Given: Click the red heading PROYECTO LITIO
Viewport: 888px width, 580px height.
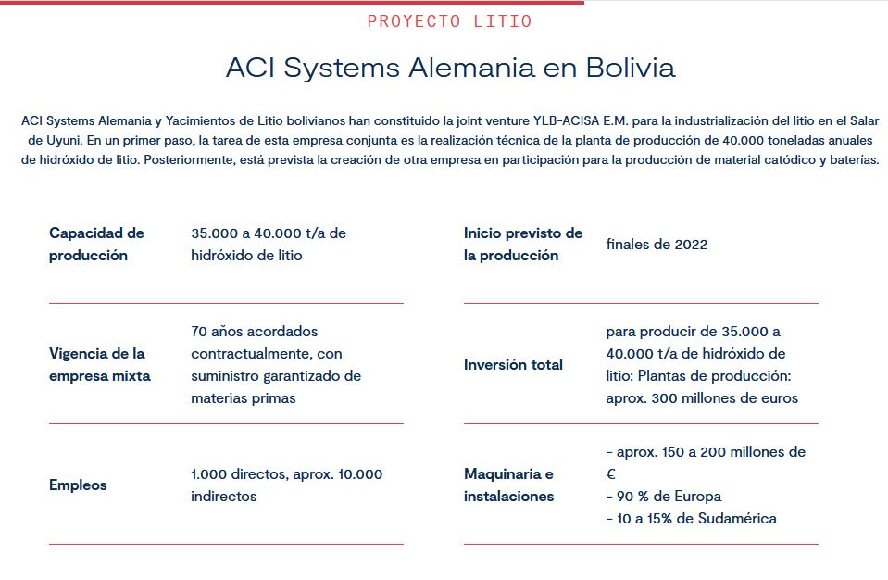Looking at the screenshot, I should click(x=449, y=21).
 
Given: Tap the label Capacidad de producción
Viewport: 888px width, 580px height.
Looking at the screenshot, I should click(x=96, y=244).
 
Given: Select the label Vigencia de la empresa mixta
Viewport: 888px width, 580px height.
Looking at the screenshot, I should click(x=99, y=364).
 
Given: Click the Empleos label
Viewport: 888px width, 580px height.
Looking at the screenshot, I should click(x=78, y=485).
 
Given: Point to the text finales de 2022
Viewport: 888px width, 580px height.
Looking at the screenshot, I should click(x=657, y=244).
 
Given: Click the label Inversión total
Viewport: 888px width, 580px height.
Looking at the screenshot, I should click(x=513, y=364).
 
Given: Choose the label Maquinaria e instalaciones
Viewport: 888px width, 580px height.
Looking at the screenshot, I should click(x=508, y=485).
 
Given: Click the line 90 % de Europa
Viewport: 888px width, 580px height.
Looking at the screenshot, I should click(x=663, y=496).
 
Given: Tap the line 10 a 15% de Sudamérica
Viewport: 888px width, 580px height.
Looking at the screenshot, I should click(x=691, y=518).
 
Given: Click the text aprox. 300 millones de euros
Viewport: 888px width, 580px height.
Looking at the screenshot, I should click(x=702, y=397).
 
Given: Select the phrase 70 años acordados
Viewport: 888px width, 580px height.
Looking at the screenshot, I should click(x=254, y=331).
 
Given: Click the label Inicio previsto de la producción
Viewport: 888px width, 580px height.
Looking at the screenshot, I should click(x=523, y=244).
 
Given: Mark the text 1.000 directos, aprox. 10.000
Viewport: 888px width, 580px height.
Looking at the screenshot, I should click(x=286, y=473).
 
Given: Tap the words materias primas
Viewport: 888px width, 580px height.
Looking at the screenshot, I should click(x=244, y=397).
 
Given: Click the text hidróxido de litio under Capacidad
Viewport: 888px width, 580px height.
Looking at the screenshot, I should click(x=246, y=255).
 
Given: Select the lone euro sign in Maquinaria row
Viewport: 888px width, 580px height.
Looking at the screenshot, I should click(x=610, y=473).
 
